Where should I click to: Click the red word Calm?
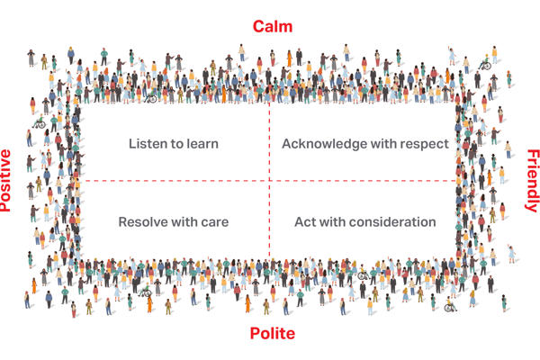pyautogui.click(x=272, y=26)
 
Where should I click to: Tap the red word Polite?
pyautogui.click(x=271, y=335)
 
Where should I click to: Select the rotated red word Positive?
pyautogui.click(x=7, y=180)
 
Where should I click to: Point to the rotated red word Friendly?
pyautogui.click(x=531, y=180)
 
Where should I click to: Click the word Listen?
pyautogui.click(x=148, y=143)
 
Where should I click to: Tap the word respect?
pyautogui.click(x=424, y=143)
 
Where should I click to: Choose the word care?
pyautogui.click(x=212, y=221)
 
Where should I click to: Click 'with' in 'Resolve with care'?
pyautogui.click(x=184, y=221)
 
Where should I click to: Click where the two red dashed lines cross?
pyautogui.click(x=269, y=181)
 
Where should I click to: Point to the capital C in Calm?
pyautogui.click(x=256, y=26)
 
